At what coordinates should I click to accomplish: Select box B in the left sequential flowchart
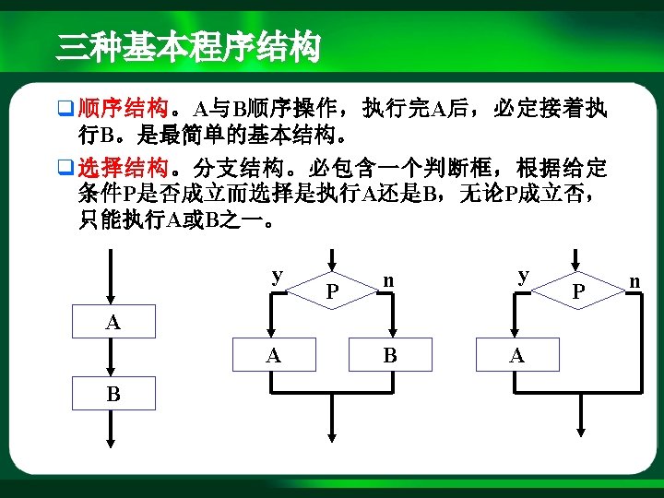(113, 395)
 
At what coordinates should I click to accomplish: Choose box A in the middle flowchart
(273, 354)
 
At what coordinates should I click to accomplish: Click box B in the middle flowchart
(391, 354)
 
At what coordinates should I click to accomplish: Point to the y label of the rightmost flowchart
(523, 275)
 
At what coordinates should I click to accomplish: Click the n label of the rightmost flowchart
(634, 278)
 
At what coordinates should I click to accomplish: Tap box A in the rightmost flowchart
(517, 354)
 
